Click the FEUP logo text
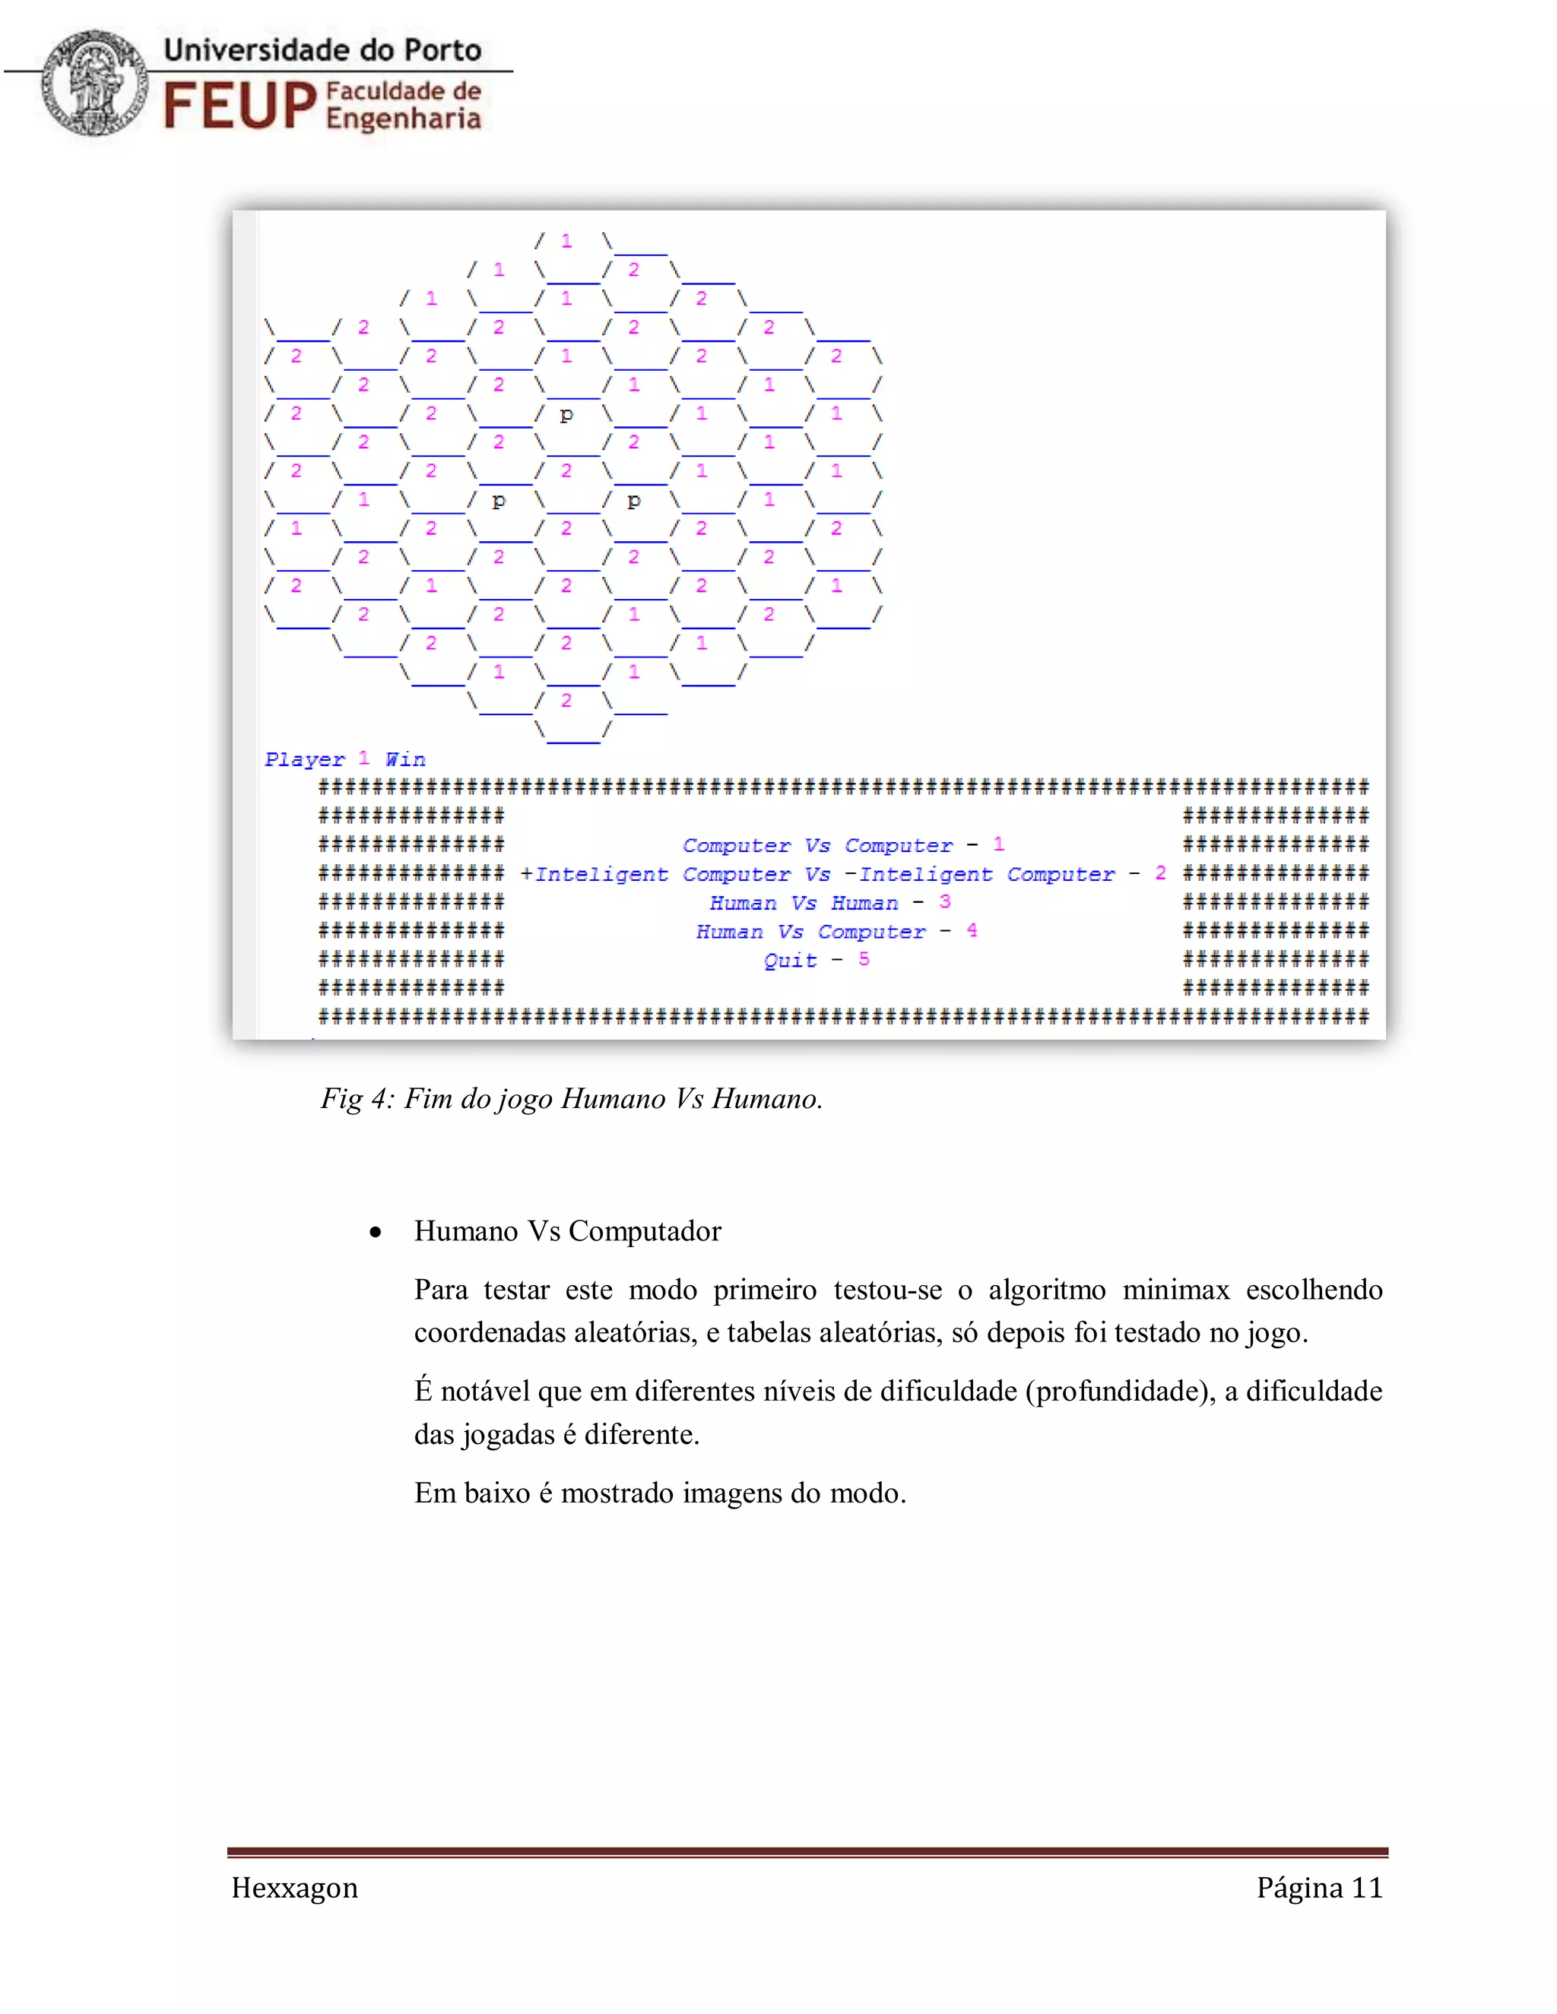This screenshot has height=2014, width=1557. point(239,104)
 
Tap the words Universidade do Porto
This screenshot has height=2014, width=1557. point(323,50)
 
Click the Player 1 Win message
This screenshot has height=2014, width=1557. point(345,759)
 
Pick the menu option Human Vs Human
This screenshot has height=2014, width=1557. point(804,903)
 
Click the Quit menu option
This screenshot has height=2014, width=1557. point(791,960)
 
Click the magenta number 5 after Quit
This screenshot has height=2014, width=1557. point(864,959)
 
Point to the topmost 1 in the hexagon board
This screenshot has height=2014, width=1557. point(566,241)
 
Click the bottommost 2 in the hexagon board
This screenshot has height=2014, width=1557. point(566,700)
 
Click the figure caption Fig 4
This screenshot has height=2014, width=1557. point(571,1098)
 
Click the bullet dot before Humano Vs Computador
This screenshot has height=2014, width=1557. point(375,1232)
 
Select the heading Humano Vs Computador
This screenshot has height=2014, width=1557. point(567,1231)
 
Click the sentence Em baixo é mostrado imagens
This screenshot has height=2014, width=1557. point(659,1492)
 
